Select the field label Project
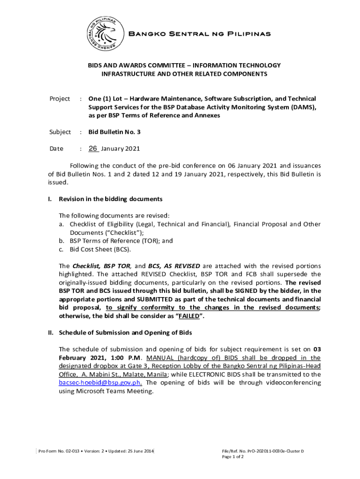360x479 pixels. pos(60,99)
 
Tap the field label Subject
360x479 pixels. pos(60,132)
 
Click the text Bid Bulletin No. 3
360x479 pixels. pos(115,132)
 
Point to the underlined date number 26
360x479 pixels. pos(93,149)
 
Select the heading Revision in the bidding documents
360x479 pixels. pos(110,199)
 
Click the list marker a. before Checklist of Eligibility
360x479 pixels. pos(61,224)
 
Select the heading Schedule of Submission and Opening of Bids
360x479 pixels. pos(125,333)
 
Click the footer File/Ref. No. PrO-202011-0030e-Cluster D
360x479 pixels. pos(263,451)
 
